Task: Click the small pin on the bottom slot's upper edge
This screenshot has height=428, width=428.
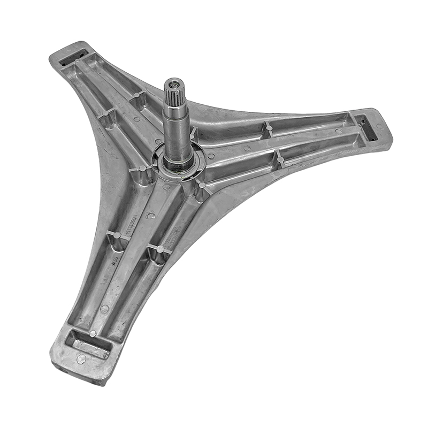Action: tap(93, 333)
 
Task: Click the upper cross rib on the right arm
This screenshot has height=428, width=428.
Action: tap(268, 128)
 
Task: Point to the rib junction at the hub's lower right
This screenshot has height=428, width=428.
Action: tap(201, 185)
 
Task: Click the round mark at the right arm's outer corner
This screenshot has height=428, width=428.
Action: tap(379, 126)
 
